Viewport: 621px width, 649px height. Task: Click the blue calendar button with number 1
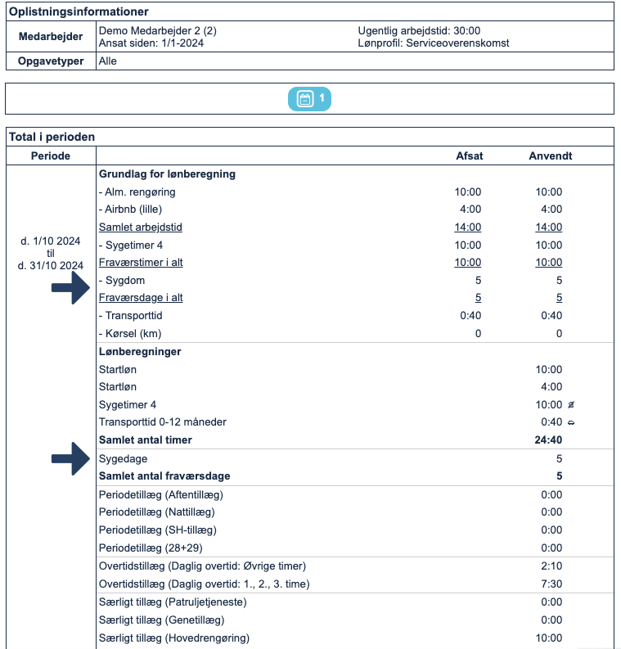point(309,99)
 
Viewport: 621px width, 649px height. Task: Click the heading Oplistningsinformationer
point(79,11)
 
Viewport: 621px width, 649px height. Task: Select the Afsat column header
point(469,155)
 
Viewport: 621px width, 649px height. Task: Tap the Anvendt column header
point(550,155)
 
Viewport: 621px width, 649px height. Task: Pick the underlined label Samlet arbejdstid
point(140,228)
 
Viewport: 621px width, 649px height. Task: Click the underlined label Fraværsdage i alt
point(141,298)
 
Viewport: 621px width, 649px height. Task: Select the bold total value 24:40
point(548,440)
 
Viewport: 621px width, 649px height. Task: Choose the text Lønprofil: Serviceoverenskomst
point(434,43)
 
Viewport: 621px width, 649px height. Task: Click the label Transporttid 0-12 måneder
point(162,422)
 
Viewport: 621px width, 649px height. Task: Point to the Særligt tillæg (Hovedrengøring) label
point(173,638)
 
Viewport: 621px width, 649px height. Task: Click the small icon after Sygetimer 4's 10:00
point(581,405)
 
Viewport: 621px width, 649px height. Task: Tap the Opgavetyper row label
point(51,61)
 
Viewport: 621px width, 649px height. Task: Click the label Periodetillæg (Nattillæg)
point(157,512)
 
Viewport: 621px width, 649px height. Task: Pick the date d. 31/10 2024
point(51,265)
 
